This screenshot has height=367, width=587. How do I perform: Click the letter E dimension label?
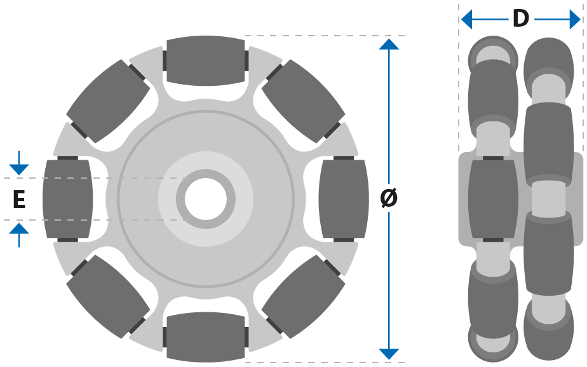coord(19,199)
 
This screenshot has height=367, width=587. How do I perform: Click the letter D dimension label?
coord(521,18)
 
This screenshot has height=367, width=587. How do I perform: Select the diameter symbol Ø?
coord(389,198)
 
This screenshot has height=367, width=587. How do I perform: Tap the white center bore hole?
coord(206,199)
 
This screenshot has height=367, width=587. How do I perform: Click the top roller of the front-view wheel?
coord(206,60)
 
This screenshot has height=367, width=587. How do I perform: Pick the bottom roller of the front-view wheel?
coord(206,337)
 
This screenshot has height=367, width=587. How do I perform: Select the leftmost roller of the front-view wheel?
coord(68,199)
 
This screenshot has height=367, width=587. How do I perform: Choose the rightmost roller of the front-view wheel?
coord(344,199)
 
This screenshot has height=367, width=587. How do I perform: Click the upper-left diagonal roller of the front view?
coord(108,101)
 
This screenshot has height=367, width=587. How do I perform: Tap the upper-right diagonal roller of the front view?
coord(303,101)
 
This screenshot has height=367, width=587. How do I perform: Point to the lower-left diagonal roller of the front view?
coord(108,297)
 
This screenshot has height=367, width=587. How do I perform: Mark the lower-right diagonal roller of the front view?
coord(303,297)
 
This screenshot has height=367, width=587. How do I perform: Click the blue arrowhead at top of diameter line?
coord(389,44)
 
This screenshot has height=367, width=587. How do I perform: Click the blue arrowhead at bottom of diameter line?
coord(389,354)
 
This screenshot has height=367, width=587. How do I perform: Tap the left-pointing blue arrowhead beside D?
coord(466,19)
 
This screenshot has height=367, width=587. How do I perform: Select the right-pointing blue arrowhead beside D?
coord(575,19)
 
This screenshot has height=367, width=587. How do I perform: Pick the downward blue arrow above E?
coord(19,163)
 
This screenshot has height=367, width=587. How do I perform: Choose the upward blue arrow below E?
coord(19,235)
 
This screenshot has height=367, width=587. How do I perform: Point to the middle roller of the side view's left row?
coord(493,199)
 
